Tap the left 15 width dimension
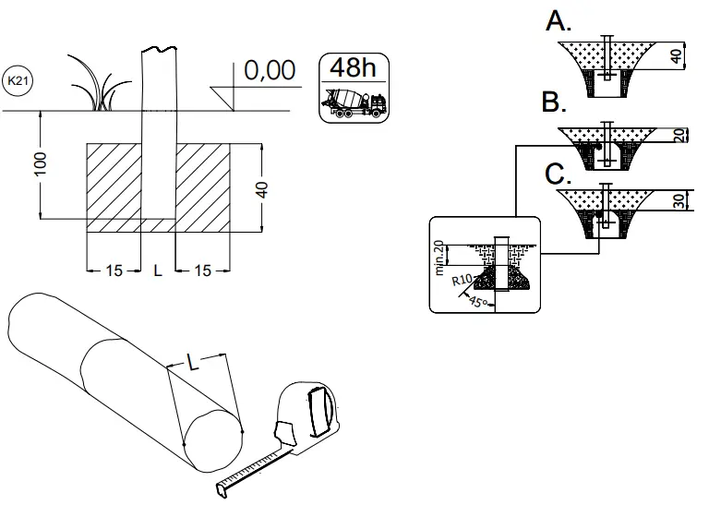[114, 271]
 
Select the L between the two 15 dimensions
[157, 271]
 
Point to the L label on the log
[194, 363]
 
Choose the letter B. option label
[554, 102]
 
